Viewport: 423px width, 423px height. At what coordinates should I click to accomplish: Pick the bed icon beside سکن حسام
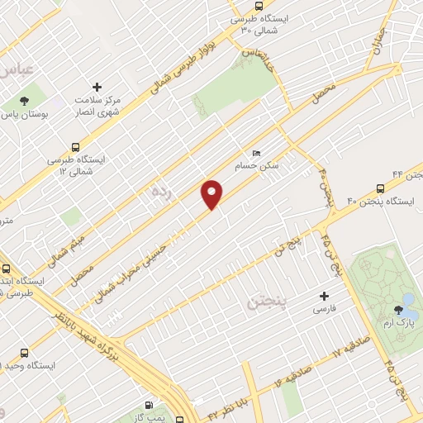tap(256, 154)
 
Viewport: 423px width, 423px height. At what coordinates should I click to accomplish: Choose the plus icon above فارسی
tap(325, 296)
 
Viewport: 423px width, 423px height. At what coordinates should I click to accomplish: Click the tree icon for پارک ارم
tap(400, 310)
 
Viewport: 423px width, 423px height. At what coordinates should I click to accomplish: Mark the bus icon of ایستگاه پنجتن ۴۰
tap(380, 188)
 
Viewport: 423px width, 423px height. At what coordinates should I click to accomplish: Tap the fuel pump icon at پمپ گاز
tap(149, 405)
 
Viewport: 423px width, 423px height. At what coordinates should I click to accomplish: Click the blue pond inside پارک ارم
tap(408, 298)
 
